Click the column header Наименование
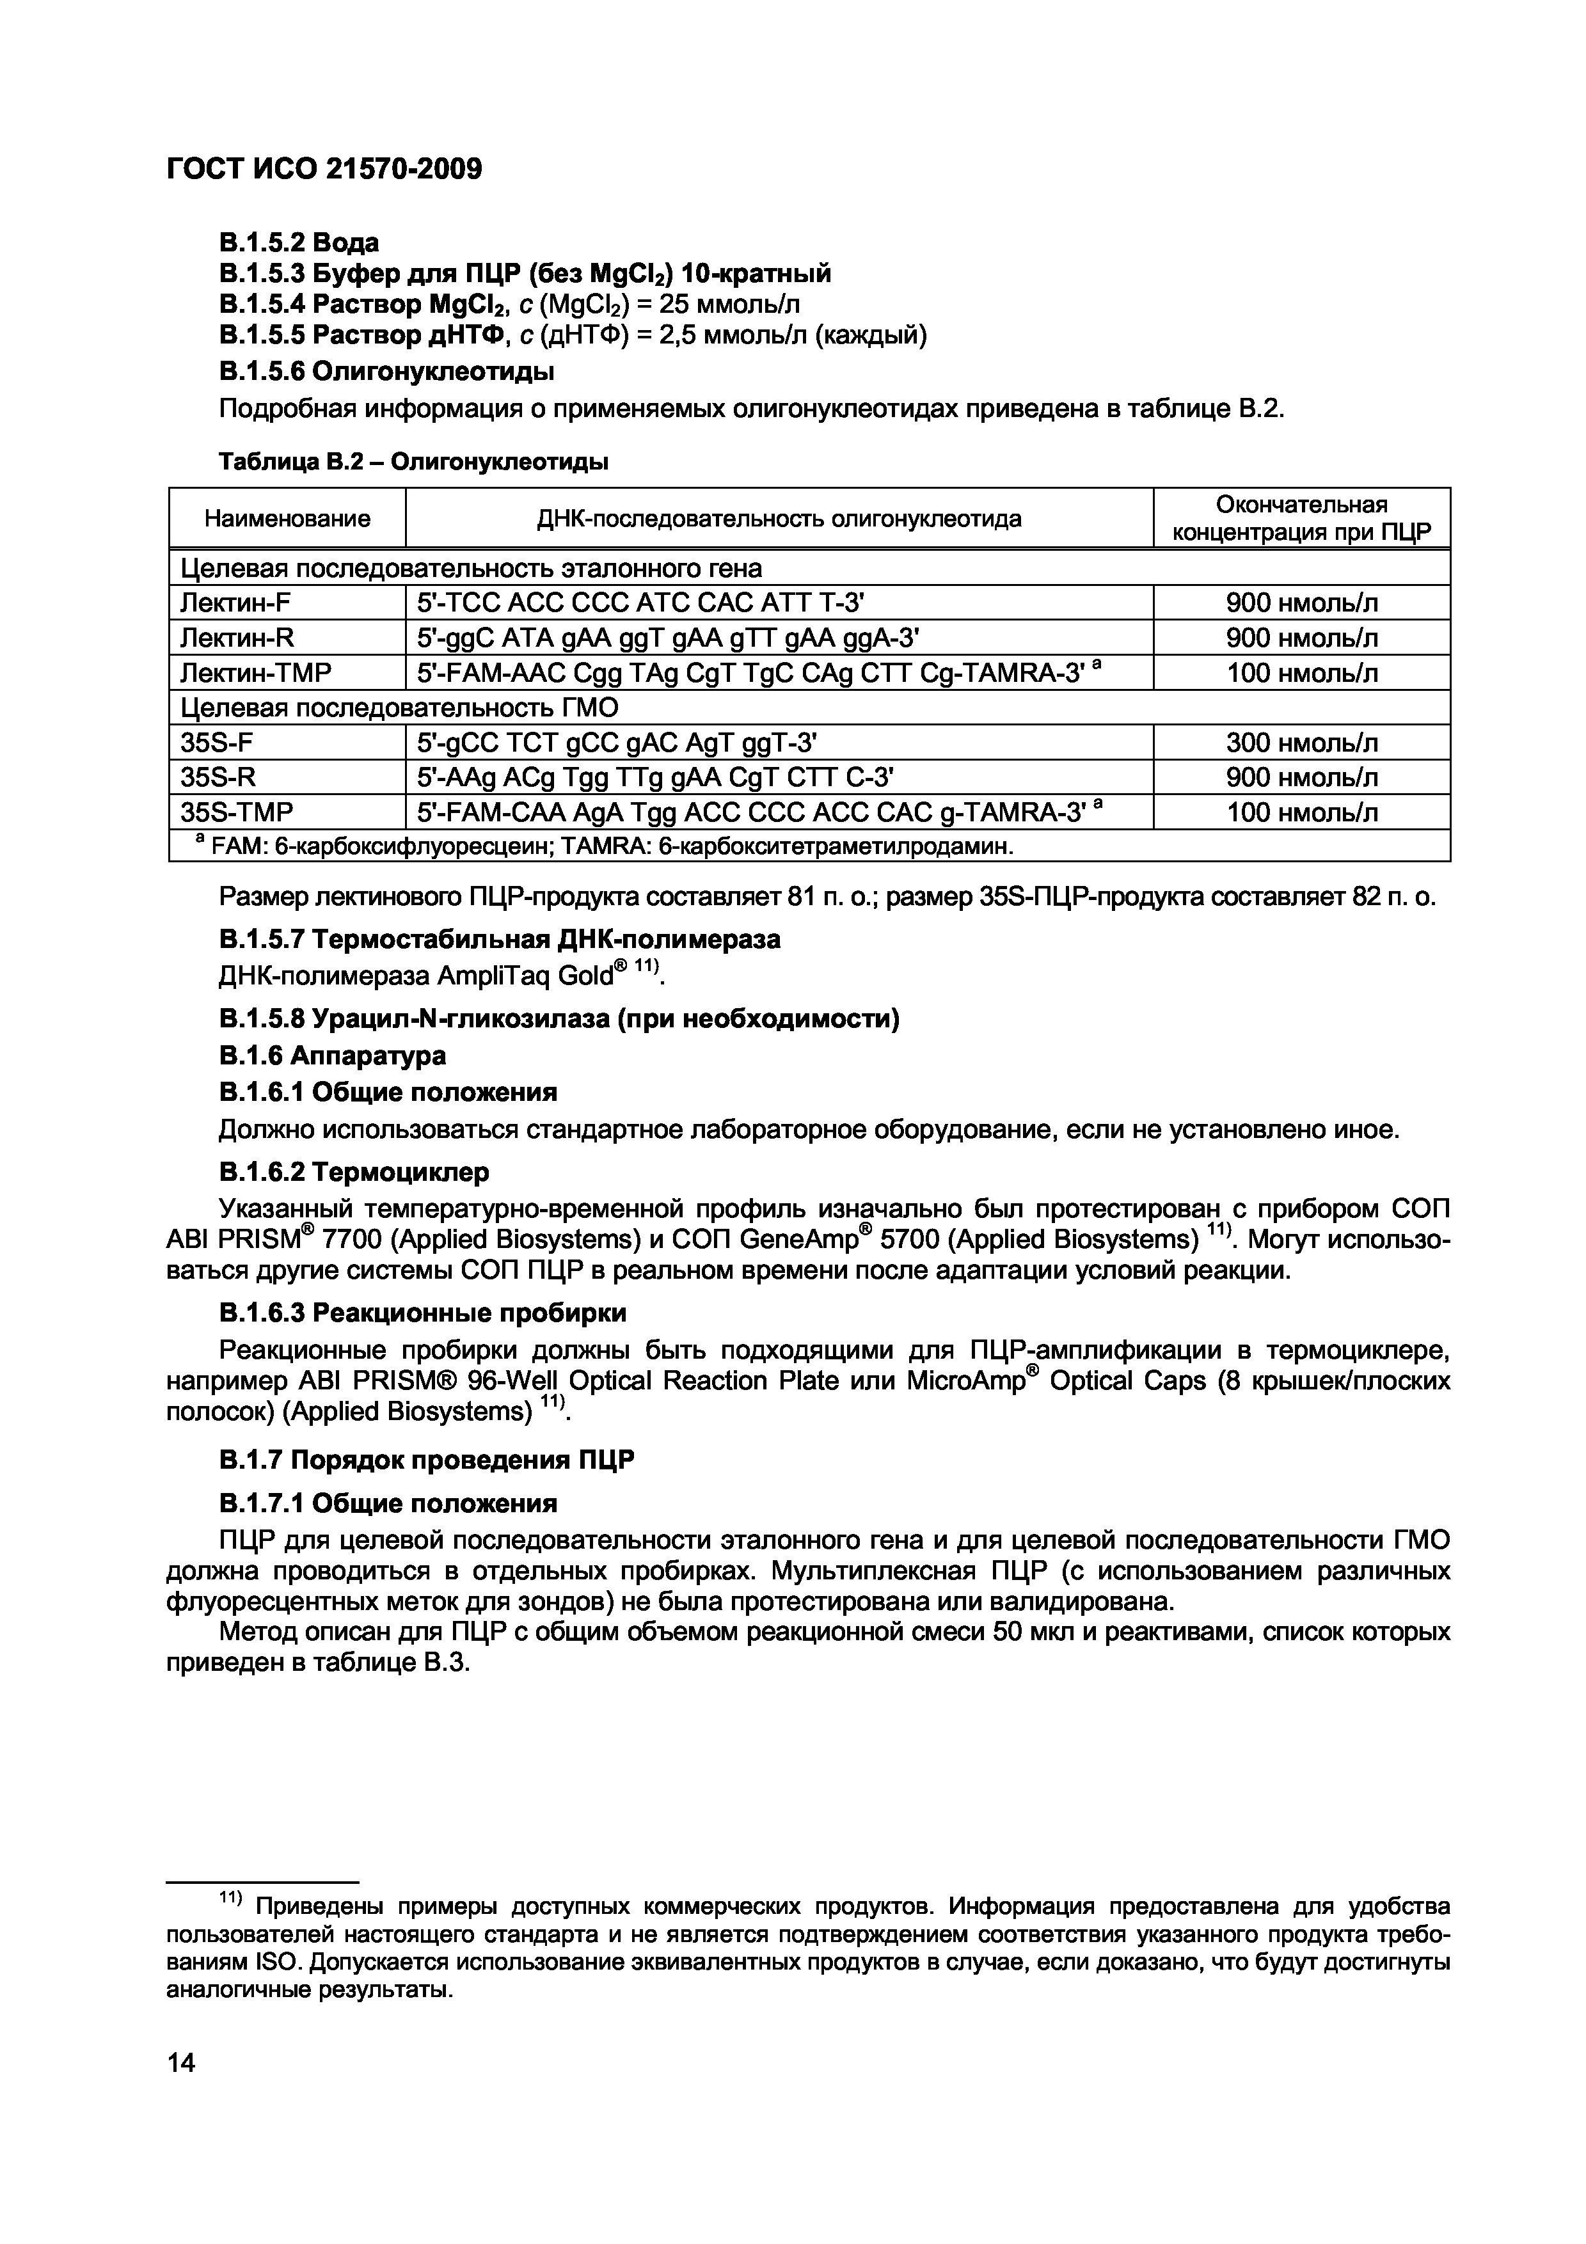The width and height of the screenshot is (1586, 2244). pyautogui.click(x=287, y=519)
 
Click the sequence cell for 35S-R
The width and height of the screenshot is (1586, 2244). pyautogui.click(x=656, y=778)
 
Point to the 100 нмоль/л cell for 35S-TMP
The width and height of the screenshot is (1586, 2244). pyautogui.click(x=1302, y=813)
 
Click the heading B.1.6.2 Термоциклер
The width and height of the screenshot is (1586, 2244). pyautogui.click(x=353, y=1171)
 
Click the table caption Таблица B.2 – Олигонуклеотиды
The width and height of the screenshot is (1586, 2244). pyautogui.click(x=413, y=461)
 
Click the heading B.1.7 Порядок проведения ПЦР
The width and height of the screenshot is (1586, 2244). pyautogui.click(x=426, y=1460)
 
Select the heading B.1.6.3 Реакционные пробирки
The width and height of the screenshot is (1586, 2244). pyautogui.click(x=422, y=1313)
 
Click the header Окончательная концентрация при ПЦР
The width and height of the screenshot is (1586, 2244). pyautogui.click(x=1302, y=519)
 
